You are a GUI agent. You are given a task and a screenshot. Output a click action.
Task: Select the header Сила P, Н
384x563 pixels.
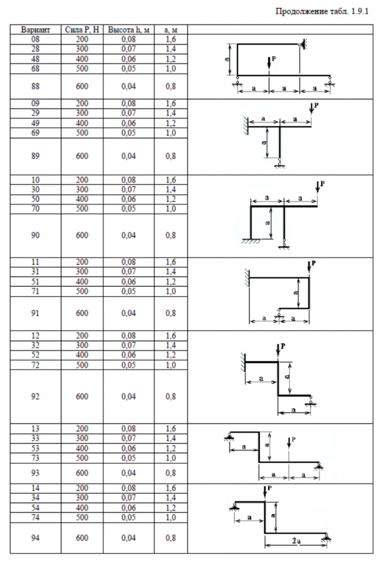pos(83,29)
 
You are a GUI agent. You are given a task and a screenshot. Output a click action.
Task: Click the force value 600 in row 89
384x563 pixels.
pos(83,156)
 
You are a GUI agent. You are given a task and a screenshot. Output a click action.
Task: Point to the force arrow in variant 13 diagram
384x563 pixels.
pos(288,443)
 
